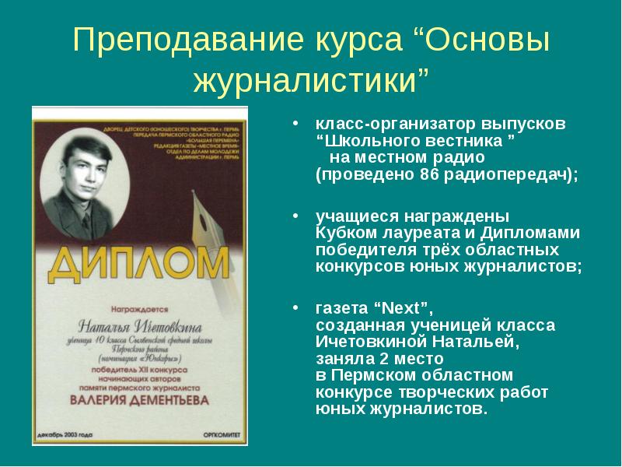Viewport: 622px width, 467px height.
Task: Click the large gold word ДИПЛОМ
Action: pos(138,264)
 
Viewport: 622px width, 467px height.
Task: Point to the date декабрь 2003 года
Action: pos(67,434)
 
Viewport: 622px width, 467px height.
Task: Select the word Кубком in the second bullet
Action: pos(343,232)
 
